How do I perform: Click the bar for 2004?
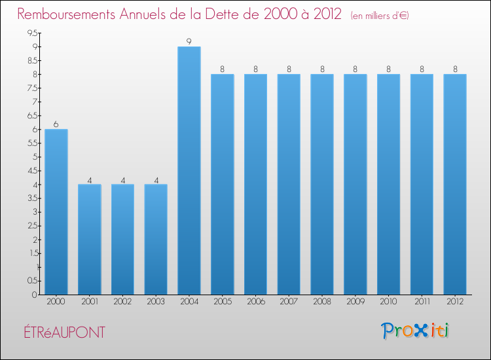[189, 170]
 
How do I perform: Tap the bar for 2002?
[122, 239]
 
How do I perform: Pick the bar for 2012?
[455, 184]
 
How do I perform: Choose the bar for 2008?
[322, 184]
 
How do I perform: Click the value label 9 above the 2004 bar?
[189, 42]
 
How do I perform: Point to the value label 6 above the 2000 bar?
[56, 124]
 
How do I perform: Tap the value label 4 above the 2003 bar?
[156, 179]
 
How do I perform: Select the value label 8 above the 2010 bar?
[389, 69]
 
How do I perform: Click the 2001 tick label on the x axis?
[89, 302]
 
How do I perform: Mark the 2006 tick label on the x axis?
[255, 302]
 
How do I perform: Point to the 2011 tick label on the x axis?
[422, 302]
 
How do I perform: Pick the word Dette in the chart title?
[240, 14]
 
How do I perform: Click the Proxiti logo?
[415, 331]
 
